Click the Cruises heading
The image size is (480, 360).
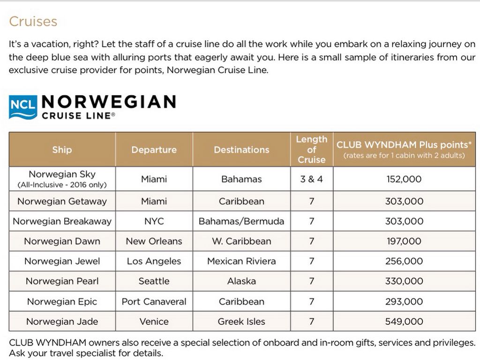[x=33, y=22]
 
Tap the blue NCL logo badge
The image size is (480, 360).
[x=22, y=107]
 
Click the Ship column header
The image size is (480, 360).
[x=62, y=150]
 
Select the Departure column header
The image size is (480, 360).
[x=154, y=150]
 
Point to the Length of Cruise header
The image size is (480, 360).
[x=311, y=150]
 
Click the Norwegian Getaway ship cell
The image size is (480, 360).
[x=62, y=202]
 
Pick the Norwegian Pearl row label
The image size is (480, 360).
[x=62, y=281]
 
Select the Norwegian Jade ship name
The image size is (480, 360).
[x=62, y=322]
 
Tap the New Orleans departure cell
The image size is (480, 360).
[x=154, y=241]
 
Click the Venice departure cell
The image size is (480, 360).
[x=154, y=322]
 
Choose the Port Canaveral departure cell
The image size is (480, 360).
[x=154, y=301]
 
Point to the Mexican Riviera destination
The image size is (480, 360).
[x=241, y=261]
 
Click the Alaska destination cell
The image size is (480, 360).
[x=241, y=281]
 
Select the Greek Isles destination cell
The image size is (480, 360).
[x=241, y=322]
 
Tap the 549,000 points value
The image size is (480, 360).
[x=404, y=322]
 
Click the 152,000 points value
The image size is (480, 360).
[x=404, y=179]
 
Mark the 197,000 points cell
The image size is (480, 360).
[x=404, y=241]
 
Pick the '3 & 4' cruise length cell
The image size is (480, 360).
[x=311, y=179]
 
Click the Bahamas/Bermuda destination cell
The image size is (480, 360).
[x=241, y=221]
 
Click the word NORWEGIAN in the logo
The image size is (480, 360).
[x=109, y=102]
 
